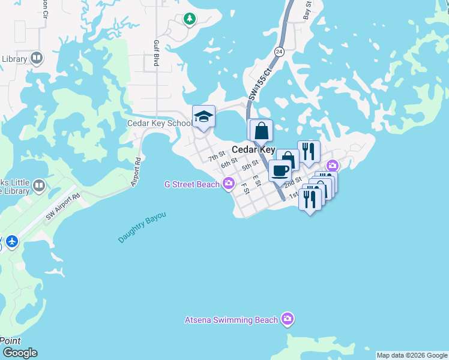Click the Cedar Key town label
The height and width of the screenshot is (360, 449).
(253, 149)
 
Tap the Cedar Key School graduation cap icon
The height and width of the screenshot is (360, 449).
(203, 116)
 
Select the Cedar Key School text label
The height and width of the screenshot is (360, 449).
(159, 123)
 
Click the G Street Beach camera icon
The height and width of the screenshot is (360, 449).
(228, 184)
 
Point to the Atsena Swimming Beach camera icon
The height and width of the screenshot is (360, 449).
(288, 319)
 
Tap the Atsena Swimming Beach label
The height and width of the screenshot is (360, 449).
(231, 320)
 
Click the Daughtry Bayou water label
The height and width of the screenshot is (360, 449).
(142, 227)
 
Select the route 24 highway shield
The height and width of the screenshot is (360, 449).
(279, 52)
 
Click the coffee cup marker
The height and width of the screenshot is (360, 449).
(280, 170)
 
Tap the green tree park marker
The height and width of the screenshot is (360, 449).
(190, 19)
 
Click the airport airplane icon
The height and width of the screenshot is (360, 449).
(12, 242)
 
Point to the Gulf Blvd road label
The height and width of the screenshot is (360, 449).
(156, 54)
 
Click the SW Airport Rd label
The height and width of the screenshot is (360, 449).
(62, 206)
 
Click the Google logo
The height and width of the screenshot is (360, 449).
(20, 353)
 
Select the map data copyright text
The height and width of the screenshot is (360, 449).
(412, 355)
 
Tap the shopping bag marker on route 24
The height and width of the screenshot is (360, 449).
(261, 130)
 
